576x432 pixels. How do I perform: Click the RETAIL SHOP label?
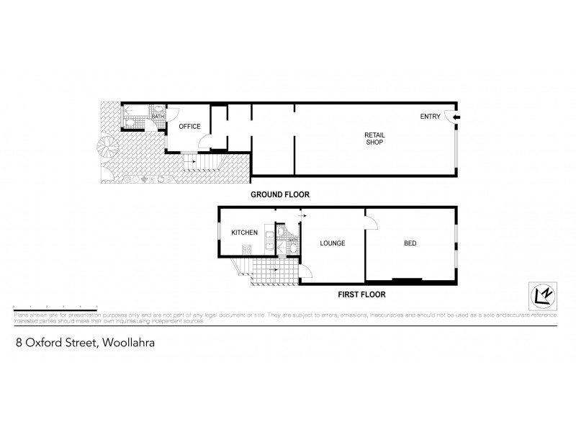373,138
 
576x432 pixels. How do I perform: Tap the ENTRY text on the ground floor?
431,117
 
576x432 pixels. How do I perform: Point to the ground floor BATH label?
156,117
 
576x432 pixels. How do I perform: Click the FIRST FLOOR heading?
362,294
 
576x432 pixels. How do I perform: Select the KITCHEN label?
244,233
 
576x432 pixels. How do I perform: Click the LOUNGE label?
332,243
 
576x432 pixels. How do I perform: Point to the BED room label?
409,243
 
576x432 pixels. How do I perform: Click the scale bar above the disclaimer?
54,307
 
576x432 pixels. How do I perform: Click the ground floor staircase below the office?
190,163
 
